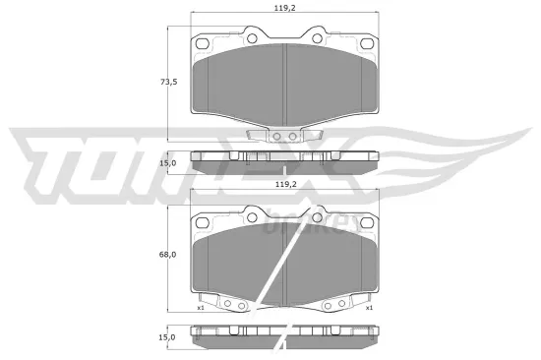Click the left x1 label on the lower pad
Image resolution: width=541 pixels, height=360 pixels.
[200, 308]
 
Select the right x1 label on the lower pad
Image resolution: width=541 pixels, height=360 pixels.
[370, 308]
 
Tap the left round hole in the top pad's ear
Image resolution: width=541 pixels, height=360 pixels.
[252, 39]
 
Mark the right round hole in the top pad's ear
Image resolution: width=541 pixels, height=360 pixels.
[317, 39]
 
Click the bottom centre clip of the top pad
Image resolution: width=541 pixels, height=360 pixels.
[284, 137]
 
